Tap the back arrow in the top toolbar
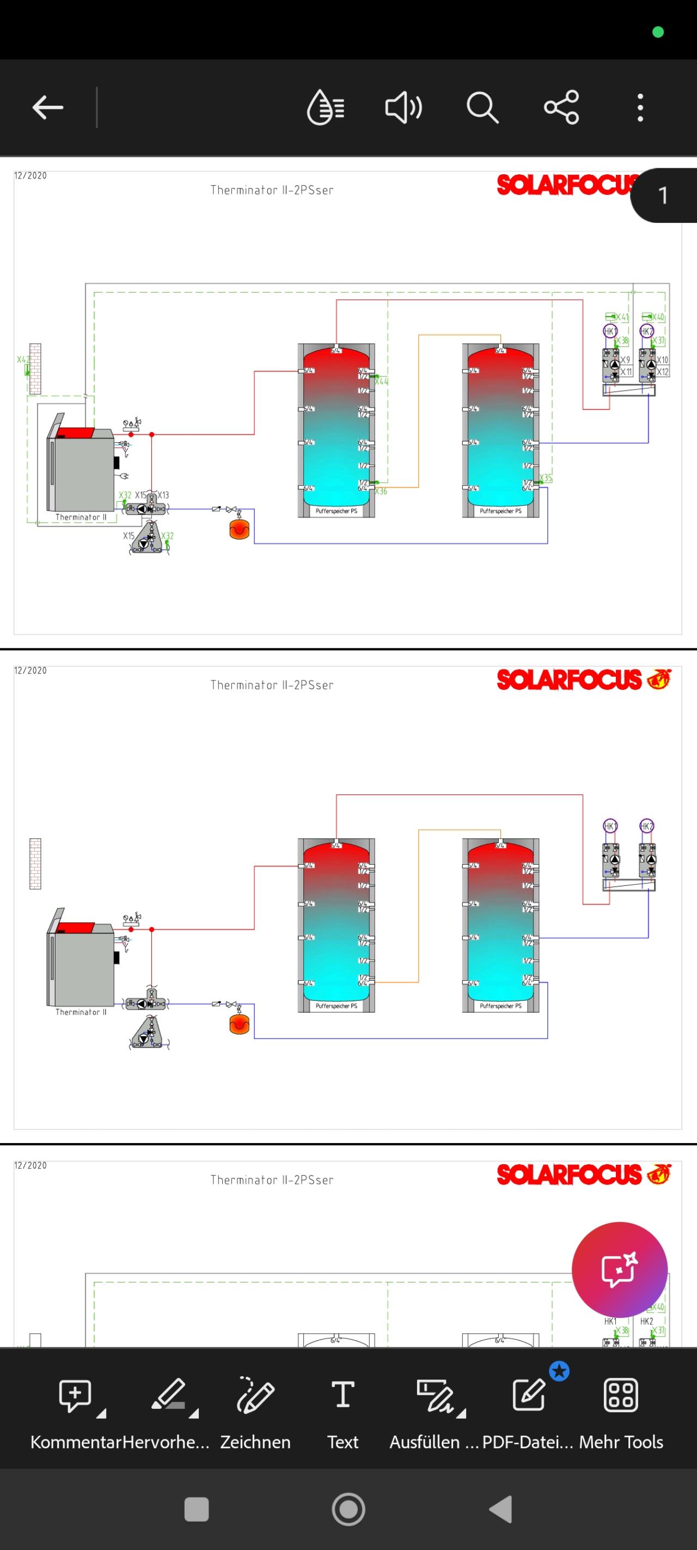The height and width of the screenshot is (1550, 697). pyautogui.click(x=47, y=108)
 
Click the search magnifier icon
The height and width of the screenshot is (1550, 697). pyautogui.click(x=482, y=108)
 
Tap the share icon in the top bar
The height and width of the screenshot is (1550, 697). pyautogui.click(x=561, y=108)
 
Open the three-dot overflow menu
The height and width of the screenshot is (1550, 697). pyautogui.click(x=640, y=108)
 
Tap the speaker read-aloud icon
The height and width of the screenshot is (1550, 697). pyautogui.click(x=403, y=108)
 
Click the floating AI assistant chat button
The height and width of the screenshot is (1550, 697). pyautogui.click(x=620, y=1269)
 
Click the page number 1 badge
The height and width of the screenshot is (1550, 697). pyautogui.click(x=663, y=196)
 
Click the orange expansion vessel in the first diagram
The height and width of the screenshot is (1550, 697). pyautogui.click(x=240, y=529)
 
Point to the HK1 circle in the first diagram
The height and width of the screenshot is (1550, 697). pyautogui.click(x=610, y=331)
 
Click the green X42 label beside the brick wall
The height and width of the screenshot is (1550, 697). pyautogui.click(x=23, y=360)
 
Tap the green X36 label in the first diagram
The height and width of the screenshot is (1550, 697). pyautogui.click(x=381, y=491)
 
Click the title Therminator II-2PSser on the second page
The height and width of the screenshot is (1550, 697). pyautogui.click(x=272, y=685)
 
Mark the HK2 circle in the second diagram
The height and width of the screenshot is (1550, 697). pyautogui.click(x=646, y=826)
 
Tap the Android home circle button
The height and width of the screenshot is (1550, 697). pyautogui.click(x=348, y=1509)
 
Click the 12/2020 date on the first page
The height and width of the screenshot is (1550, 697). pyautogui.click(x=30, y=175)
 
